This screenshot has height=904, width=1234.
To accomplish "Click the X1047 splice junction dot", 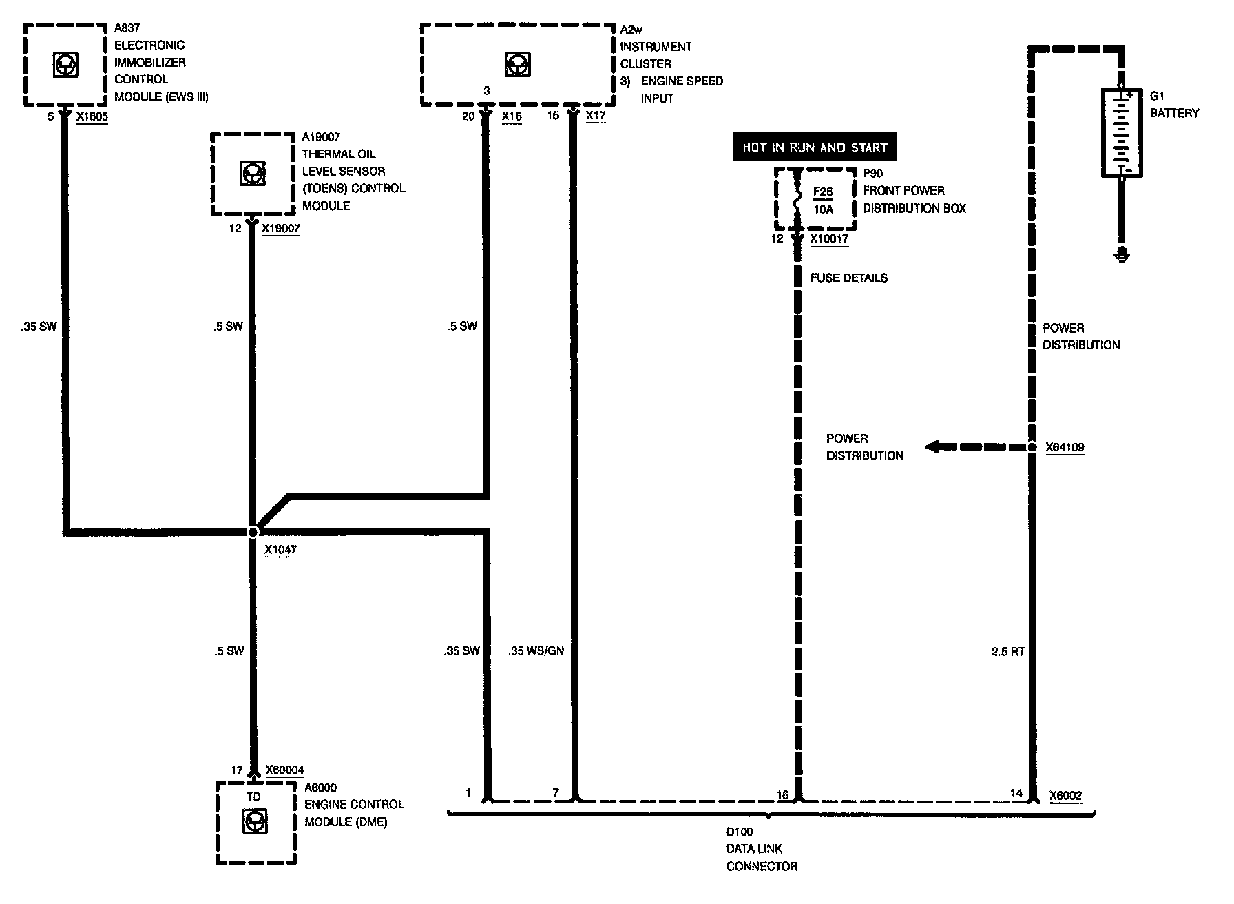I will [x=253, y=532].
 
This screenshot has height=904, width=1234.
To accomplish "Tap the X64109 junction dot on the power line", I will [x=1032, y=447].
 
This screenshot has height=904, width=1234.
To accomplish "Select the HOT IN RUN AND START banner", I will [x=815, y=147].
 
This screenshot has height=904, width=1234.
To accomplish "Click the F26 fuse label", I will [x=823, y=192].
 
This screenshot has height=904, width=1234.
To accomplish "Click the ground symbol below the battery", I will [x=1122, y=255].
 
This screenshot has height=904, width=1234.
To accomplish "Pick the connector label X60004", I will [x=284, y=770].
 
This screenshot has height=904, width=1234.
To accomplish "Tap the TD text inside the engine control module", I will [x=253, y=797].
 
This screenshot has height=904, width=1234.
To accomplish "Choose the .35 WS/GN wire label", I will [x=536, y=650].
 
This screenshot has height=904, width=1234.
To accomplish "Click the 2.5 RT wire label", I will [x=1007, y=650].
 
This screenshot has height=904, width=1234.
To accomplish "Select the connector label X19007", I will [x=281, y=228].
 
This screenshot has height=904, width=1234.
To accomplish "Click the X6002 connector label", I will [x=1065, y=795].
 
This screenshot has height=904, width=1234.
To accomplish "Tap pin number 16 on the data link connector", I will [x=782, y=794].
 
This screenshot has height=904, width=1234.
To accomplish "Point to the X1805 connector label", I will [x=92, y=116].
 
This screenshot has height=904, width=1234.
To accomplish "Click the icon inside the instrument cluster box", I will [x=516, y=65].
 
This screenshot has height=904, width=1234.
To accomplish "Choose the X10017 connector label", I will [x=829, y=239].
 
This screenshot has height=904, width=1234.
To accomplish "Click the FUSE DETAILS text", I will [x=848, y=278].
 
